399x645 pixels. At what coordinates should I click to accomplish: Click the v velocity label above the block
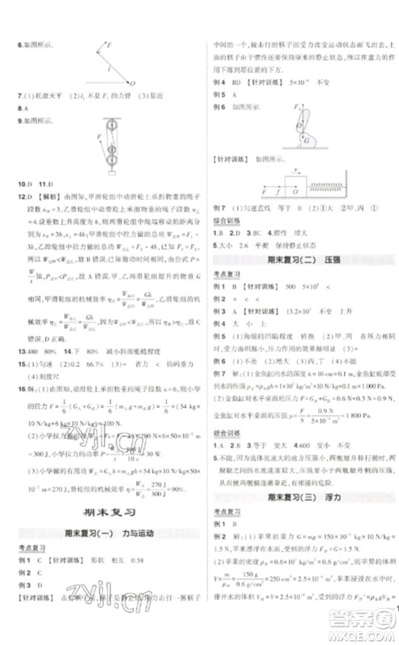pyautogui.click(x=276, y=171)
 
